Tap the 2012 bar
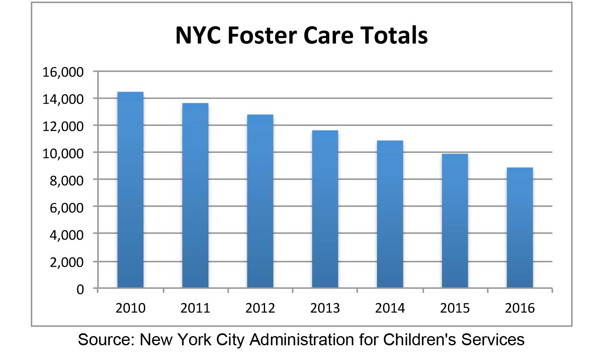pos(260,201)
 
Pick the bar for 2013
pos(325,209)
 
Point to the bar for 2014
pos(390,214)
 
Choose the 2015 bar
pos(455,221)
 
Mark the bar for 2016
pos(520,227)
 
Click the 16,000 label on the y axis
pos(63,72)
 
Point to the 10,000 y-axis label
pos(63,153)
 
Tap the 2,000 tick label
pos(67,262)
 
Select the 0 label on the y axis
pos(80,289)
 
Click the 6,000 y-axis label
pos(67,207)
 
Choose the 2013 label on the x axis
pos(325,308)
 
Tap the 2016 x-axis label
pos(520,308)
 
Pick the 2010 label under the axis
pos(130,308)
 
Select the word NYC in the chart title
pos(198,35)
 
